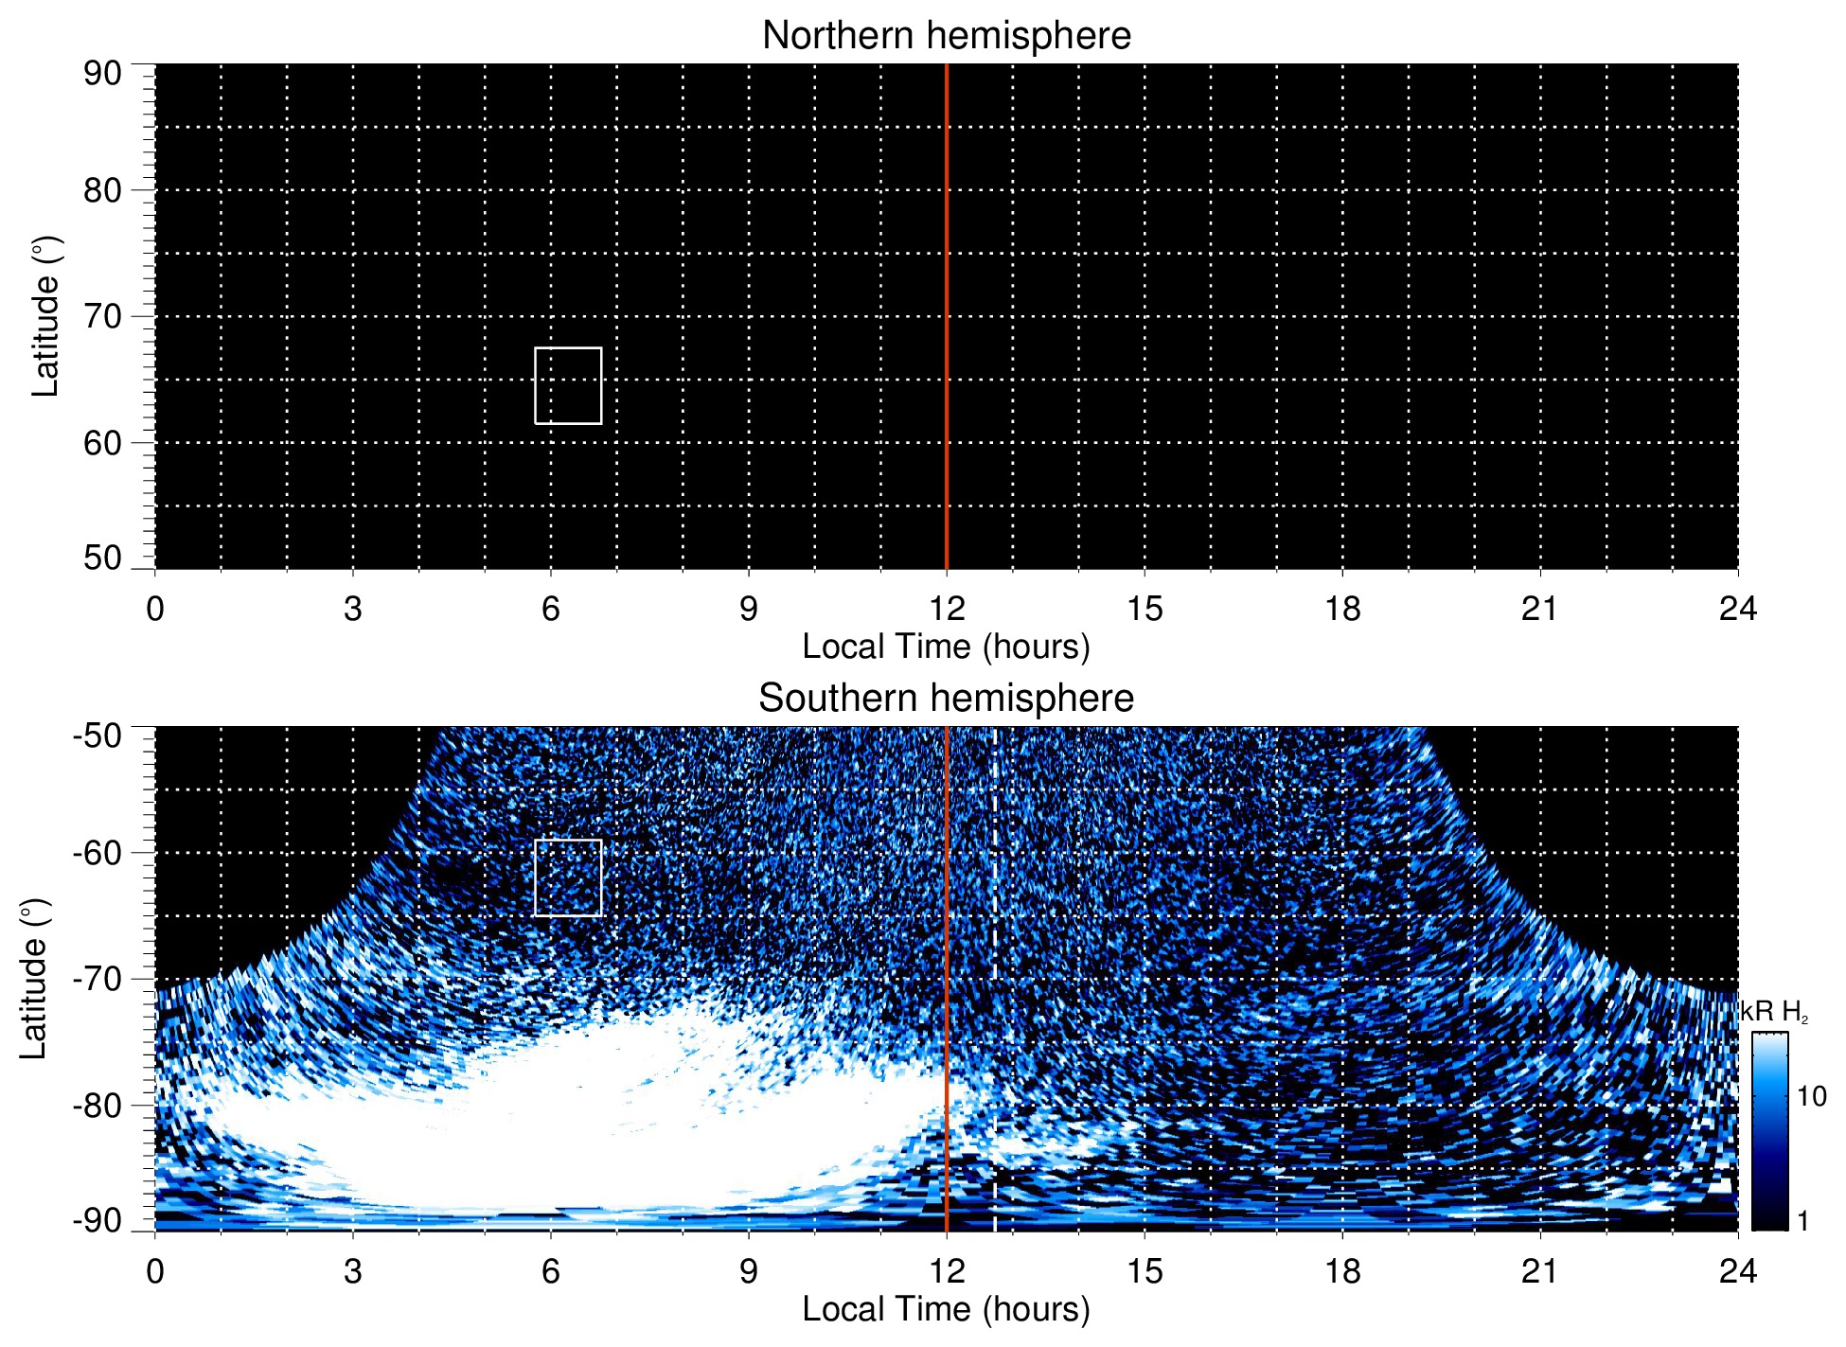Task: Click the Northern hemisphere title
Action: (x=946, y=36)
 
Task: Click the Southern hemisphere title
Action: (x=946, y=699)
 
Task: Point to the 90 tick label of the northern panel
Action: (x=102, y=74)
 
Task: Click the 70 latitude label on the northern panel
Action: (x=102, y=316)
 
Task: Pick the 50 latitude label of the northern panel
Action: (x=102, y=558)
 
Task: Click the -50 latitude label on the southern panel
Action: (x=97, y=736)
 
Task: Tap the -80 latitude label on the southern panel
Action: (x=97, y=1105)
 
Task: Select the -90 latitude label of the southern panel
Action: (x=97, y=1221)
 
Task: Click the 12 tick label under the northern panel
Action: (x=946, y=609)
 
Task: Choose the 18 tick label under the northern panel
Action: (x=1342, y=609)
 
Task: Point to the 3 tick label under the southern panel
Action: (x=353, y=1271)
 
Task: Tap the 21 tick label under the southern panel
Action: (x=1540, y=1271)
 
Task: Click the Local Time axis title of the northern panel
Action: (x=946, y=647)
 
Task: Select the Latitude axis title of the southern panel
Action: (x=34, y=980)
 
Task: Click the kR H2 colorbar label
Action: (x=1773, y=1013)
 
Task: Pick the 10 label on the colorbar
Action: (x=1811, y=1096)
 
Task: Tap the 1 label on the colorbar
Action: (x=1802, y=1221)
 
